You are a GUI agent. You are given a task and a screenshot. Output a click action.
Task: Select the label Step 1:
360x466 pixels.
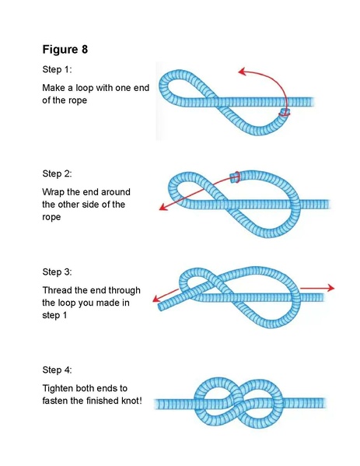click(58, 69)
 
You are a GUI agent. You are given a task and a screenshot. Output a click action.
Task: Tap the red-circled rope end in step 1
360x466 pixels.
click(285, 114)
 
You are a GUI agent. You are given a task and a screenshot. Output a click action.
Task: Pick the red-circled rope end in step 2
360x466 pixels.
click(236, 177)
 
